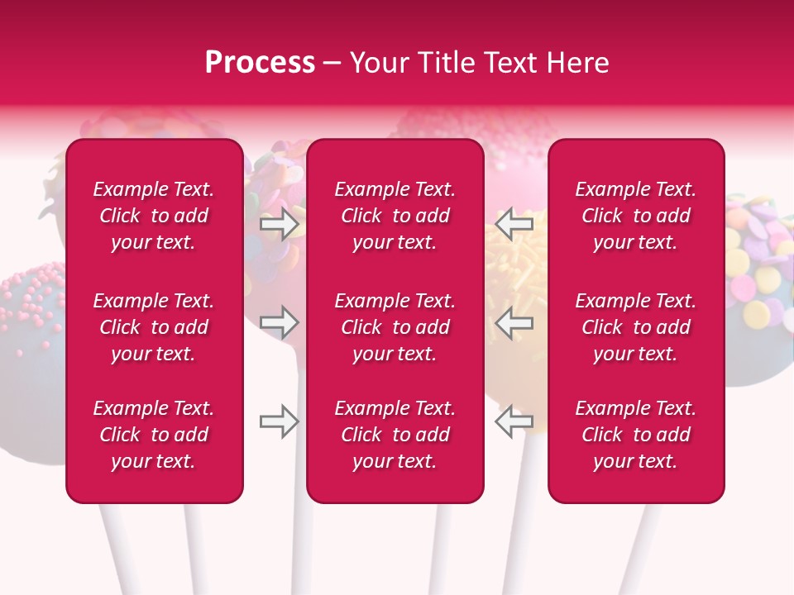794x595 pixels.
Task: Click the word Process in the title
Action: coord(260,63)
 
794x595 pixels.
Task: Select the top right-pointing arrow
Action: coord(280,224)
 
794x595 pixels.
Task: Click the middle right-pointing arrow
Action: coord(280,322)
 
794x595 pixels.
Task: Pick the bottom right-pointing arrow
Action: coord(280,421)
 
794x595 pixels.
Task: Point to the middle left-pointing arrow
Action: coord(514,322)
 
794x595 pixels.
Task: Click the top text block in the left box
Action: coord(154,216)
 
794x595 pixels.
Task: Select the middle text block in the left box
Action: coord(154,327)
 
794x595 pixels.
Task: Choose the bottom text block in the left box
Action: coord(154,435)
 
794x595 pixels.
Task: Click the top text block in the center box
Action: coord(395,216)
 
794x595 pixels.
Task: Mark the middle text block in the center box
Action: coord(395,327)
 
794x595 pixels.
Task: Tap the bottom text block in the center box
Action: coord(395,435)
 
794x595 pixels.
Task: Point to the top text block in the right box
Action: coord(636,216)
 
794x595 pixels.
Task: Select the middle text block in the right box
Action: coord(636,327)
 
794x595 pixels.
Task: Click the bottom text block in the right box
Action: coord(636,435)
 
